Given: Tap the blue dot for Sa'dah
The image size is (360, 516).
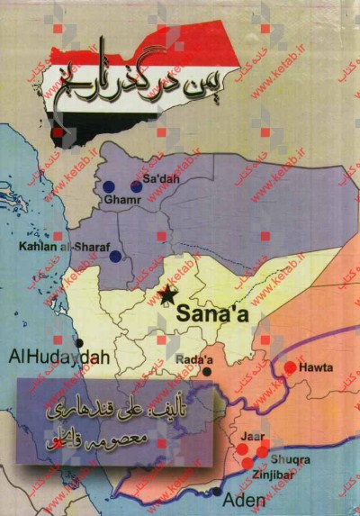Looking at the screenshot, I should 136,186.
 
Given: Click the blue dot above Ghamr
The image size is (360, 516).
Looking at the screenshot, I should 109,186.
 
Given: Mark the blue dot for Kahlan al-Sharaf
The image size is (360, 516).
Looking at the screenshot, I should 115,257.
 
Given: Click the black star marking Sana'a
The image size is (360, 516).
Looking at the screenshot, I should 167,295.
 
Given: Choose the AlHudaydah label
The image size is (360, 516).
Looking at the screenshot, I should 58,357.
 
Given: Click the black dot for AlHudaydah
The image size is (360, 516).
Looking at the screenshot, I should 79,343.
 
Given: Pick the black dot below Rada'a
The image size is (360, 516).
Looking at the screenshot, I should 207,371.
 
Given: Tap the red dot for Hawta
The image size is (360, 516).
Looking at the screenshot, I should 290,367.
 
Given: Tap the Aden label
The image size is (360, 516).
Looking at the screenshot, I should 245,498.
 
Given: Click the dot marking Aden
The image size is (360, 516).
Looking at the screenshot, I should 218,492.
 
